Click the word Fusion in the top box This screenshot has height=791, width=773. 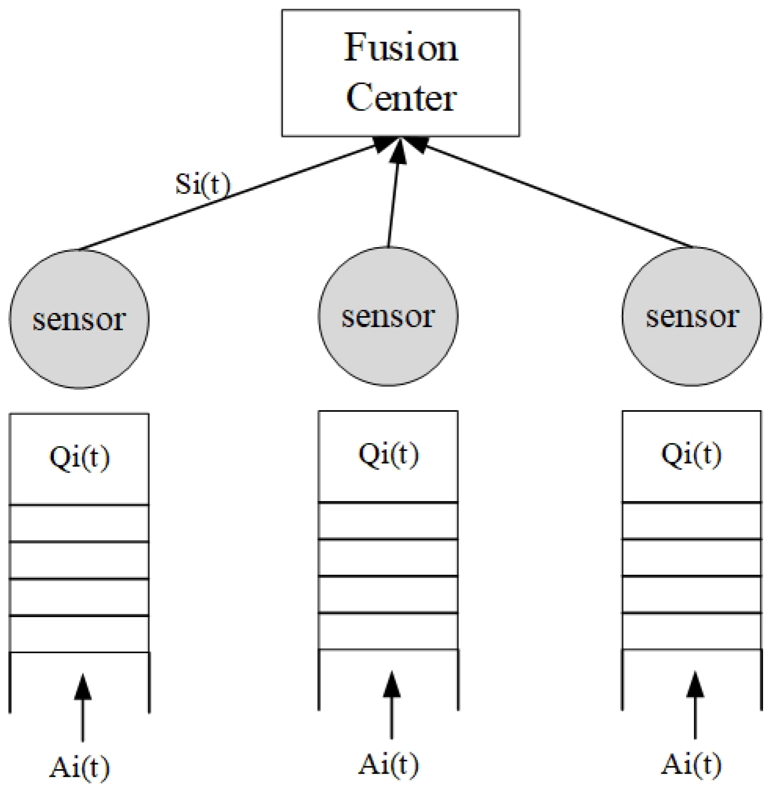point(401,48)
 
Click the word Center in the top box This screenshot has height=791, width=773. point(401,98)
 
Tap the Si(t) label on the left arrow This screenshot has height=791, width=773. point(202,184)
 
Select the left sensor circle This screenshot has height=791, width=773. point(79,318)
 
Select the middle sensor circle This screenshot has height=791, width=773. point(388,316)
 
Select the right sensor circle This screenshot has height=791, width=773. point(692,316)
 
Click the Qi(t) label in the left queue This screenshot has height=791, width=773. point(79,458)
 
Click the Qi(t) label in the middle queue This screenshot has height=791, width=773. point(388,455)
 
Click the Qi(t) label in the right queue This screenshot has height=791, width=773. point(691,455)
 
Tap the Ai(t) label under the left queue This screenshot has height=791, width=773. point(79,767)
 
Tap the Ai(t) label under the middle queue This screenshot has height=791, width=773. point(388,765)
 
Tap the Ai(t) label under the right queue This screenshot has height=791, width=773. point(691,765)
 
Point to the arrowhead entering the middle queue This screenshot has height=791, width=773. point(391,684)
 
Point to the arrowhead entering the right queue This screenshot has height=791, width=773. point(695,684)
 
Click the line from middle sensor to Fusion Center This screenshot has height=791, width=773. point(393,199)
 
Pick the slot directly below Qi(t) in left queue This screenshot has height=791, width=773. point(79,523)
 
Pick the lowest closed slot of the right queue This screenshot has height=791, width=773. point(691,631)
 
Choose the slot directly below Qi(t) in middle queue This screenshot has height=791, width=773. point(388,520)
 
